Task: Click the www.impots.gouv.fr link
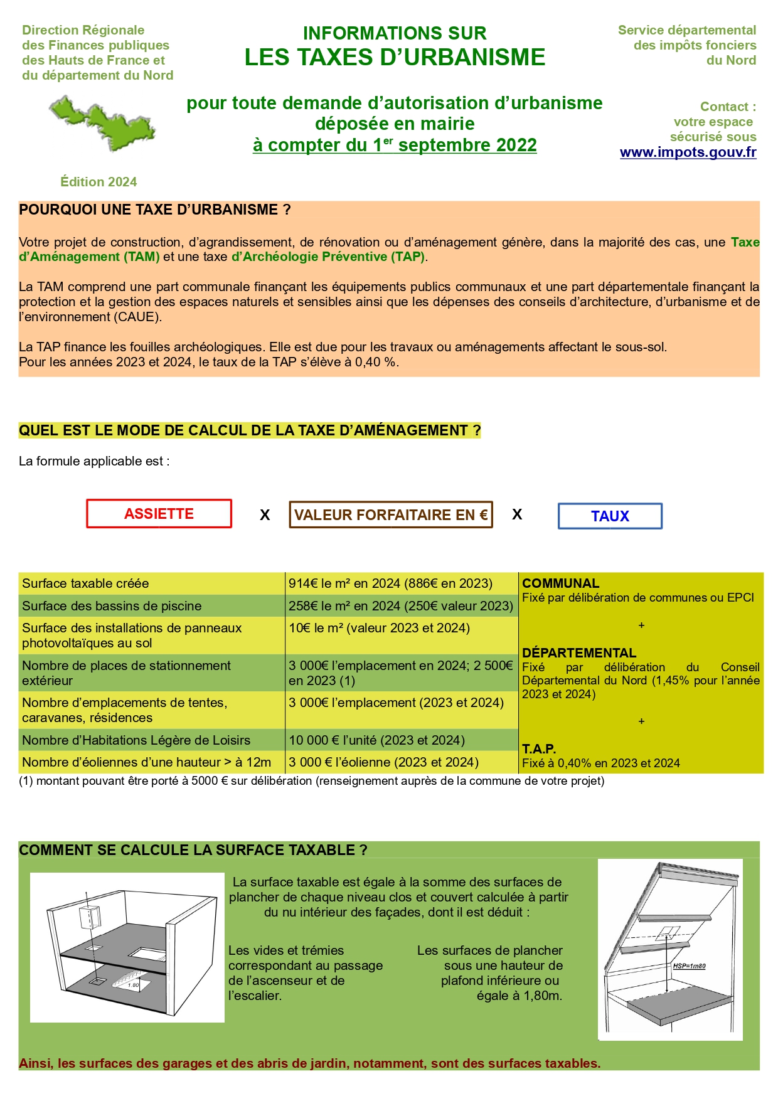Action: [x=688, y=152]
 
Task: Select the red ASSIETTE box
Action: [x=159, y=514]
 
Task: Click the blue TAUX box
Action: [x=610, y=516]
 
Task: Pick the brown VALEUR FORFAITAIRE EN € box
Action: [x=390, y=515]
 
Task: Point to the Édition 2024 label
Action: [x=99, y=182]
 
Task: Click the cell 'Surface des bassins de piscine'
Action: [x=112, y=606]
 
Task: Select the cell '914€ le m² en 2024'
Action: [x=390, y=583]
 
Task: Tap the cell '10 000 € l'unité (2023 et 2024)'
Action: [x=376, y=740]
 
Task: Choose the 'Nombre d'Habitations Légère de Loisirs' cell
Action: [x=136, y=740]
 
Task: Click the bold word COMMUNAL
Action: [x=560, y=583]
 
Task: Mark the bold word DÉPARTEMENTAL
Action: [x=579, y=653]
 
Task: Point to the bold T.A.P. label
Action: [x=539, y=749]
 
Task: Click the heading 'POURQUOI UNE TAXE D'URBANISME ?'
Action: [x=155, y=210]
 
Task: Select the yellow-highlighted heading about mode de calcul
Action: [x=250, y=431]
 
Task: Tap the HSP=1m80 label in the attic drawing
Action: [x=689, y=966]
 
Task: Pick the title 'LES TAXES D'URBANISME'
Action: [x=395, y=58]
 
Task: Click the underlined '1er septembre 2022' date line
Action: [x=395, y=146]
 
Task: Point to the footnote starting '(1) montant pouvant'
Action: [x=311, y=781]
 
